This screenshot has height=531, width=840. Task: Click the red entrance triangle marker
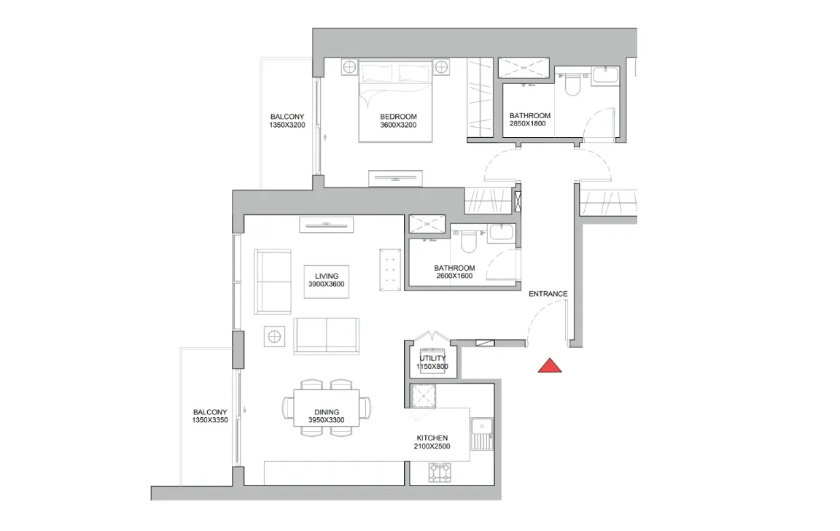(550, 366)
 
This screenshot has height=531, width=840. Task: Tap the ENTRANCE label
(548, 294)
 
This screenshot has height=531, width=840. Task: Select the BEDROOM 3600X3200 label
(398, 120)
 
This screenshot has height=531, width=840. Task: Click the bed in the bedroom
(395, 101)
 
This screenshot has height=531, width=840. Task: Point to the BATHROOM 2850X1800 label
(530, 120)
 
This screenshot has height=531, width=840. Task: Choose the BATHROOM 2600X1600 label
(454, 271)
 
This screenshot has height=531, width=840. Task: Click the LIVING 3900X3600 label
(326, 280)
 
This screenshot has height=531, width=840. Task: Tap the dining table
(326, 408)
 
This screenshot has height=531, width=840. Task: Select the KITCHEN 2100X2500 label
(432, 442)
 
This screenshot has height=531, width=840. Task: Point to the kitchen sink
(483, 434)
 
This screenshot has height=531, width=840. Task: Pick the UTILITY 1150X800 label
(432, 363)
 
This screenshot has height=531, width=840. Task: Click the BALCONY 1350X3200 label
(287, 120)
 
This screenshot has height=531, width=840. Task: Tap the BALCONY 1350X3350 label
(210, 416)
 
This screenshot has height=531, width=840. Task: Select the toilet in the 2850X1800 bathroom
(572, 84)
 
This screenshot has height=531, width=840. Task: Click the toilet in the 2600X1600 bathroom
(468, 241)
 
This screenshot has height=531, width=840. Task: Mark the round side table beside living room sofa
(274, 336)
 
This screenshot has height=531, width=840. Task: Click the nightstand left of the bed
(349, 67)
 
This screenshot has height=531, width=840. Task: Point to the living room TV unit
(326, 225)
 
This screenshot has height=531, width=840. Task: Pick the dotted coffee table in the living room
(390, 270)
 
